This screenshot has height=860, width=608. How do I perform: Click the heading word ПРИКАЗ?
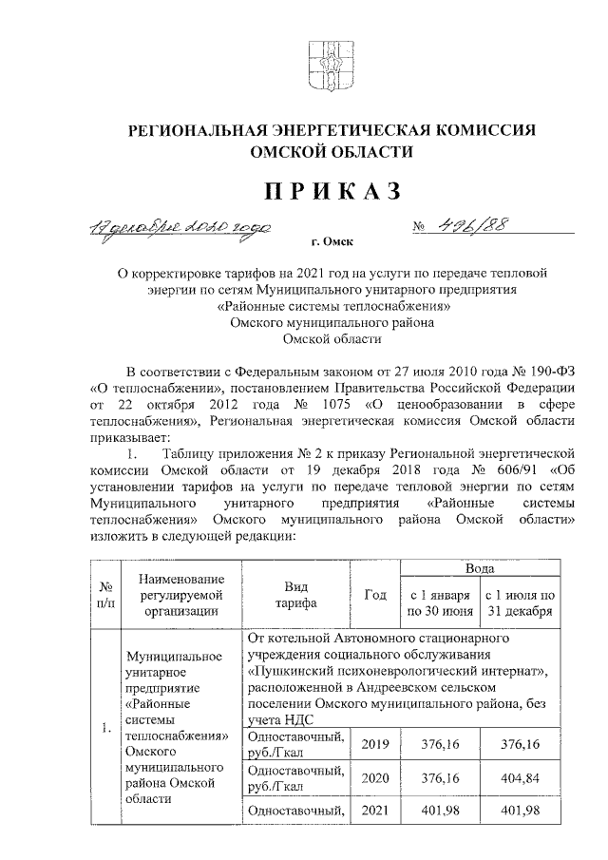coord(332,191)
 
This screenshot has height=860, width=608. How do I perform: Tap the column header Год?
coord(375,595)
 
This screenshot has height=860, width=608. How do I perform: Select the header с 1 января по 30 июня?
coord(439,602)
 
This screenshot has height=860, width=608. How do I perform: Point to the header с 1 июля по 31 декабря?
coord(520,602)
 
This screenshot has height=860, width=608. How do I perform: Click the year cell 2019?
coord(375,743)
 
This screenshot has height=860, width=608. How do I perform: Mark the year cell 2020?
coord(375,776)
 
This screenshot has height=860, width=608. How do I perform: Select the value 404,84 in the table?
coord(519,776)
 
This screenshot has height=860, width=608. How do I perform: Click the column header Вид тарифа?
coord(296,595)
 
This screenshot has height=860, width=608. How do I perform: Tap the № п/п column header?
coord(106,595)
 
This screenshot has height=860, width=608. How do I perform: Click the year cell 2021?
coord(375,810)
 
